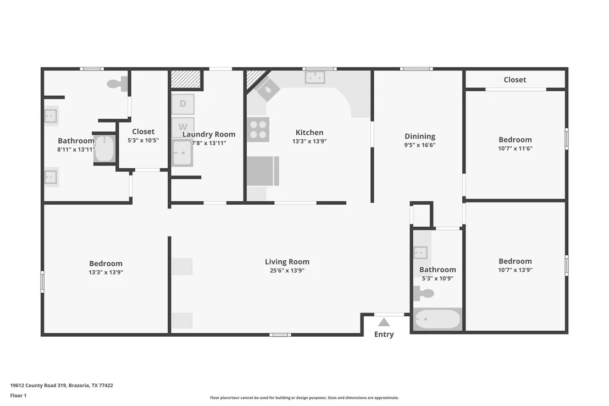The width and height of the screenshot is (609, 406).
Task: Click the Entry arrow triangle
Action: [x=384, y=322]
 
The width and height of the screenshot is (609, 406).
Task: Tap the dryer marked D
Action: [x=182, y=104]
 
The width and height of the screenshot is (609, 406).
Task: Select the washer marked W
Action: [x=182, y=127]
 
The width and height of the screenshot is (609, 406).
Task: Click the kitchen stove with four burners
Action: [x=258, y=129]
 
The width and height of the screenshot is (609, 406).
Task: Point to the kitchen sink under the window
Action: [x=315, y=78]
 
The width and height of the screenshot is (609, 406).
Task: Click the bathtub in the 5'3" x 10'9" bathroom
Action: [x=438, y=320]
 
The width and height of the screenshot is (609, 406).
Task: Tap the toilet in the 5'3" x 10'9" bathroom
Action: [x=423, y=294]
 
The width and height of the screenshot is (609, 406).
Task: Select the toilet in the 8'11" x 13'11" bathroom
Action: [x=117, y=84]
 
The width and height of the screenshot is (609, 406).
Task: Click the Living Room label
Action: [x=287, y=262]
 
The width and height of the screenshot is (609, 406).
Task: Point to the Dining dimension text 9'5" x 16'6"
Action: [x=420, y=145]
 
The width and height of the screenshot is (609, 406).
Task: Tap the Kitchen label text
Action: [x=309, y=132]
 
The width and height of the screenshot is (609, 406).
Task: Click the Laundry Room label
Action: [x=209, y=134]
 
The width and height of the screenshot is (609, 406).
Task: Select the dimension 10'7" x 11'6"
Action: [x=515, y=148]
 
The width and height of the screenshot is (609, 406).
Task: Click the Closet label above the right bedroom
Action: [x=514, y=80]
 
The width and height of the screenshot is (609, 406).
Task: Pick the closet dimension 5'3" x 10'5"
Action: [x=143, y=140]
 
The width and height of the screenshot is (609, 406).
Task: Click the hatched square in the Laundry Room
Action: [x=186, y=79]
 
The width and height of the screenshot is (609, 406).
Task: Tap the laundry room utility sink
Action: [x=182, y=153]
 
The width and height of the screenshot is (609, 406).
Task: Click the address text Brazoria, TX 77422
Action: [x=91, y=386]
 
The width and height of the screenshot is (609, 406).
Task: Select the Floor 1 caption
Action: [x=18, y=396]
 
